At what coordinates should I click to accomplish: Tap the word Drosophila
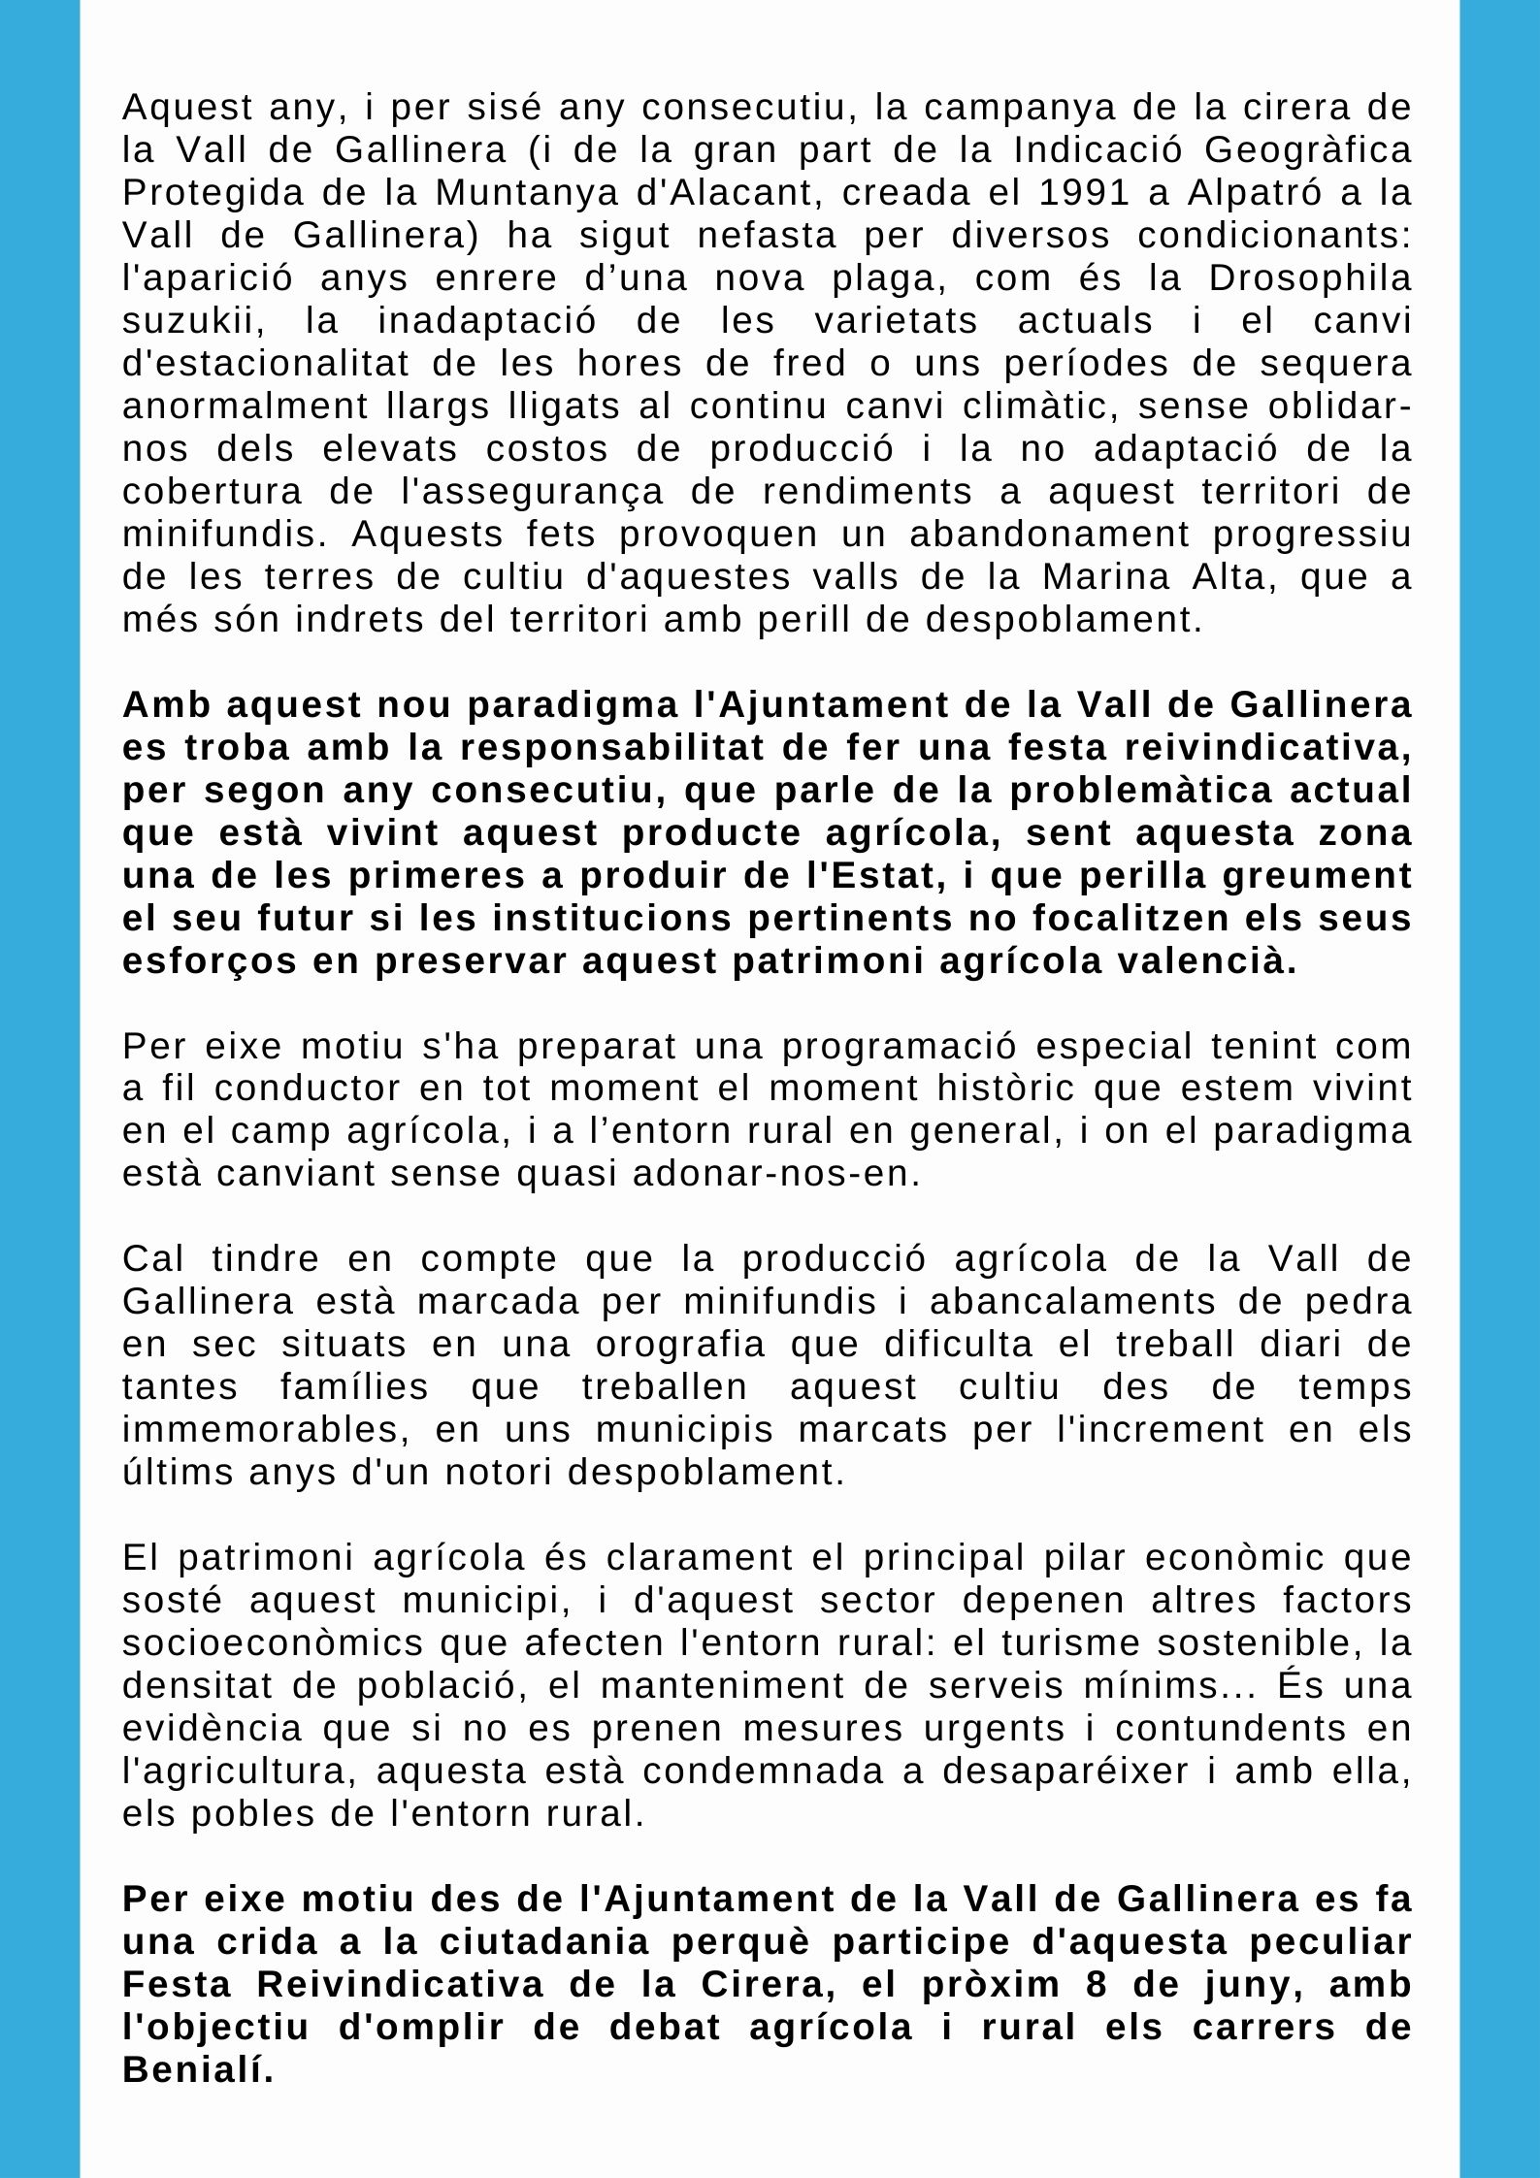click(x=1310, y=278)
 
